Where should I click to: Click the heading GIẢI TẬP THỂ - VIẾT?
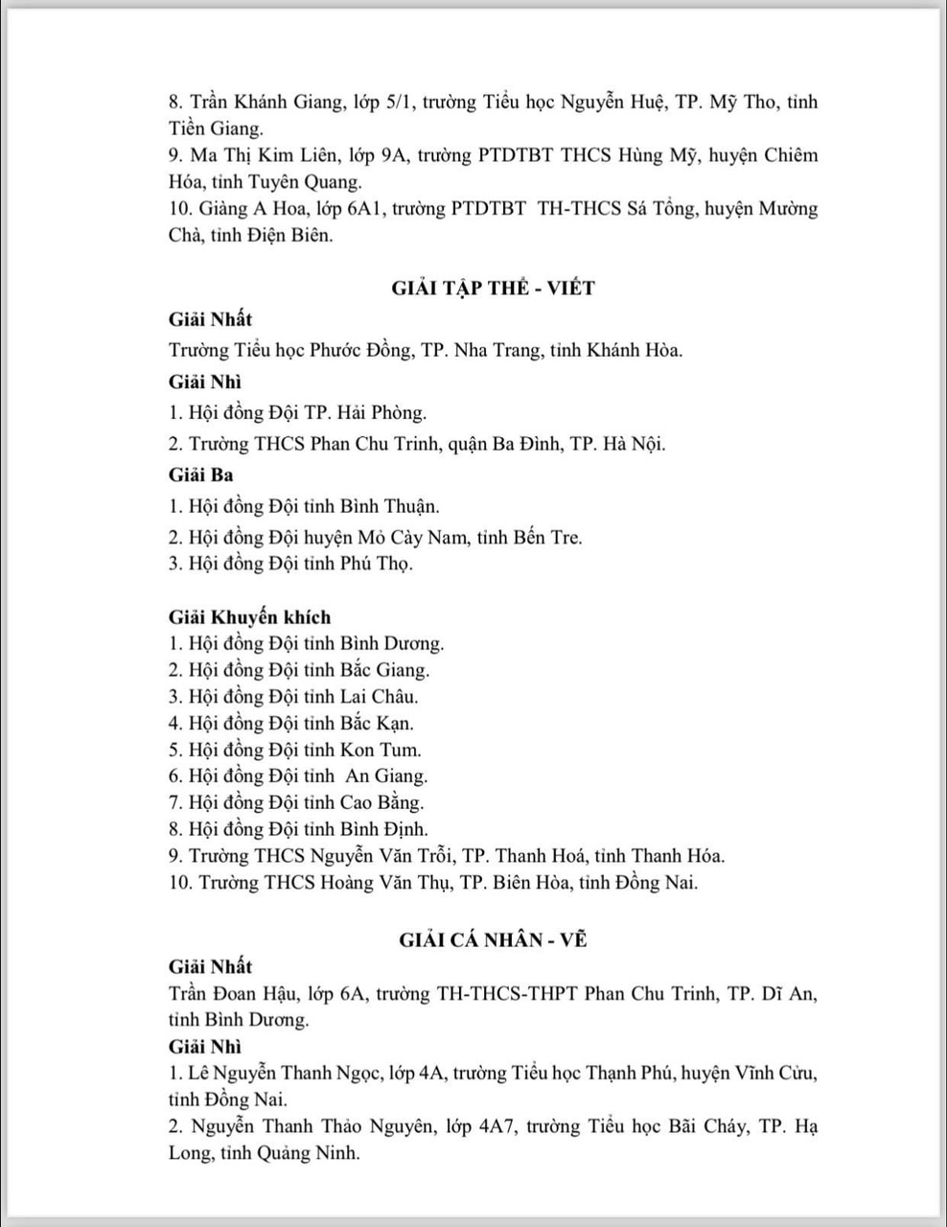click(x=493, y=288)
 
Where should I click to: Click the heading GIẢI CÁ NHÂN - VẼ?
click(x=493, y=939)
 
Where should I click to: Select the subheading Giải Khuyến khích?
click(x=249, y=617)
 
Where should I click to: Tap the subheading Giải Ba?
click(x=201, y=475)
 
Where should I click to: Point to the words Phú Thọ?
click(x=376, y=564)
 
